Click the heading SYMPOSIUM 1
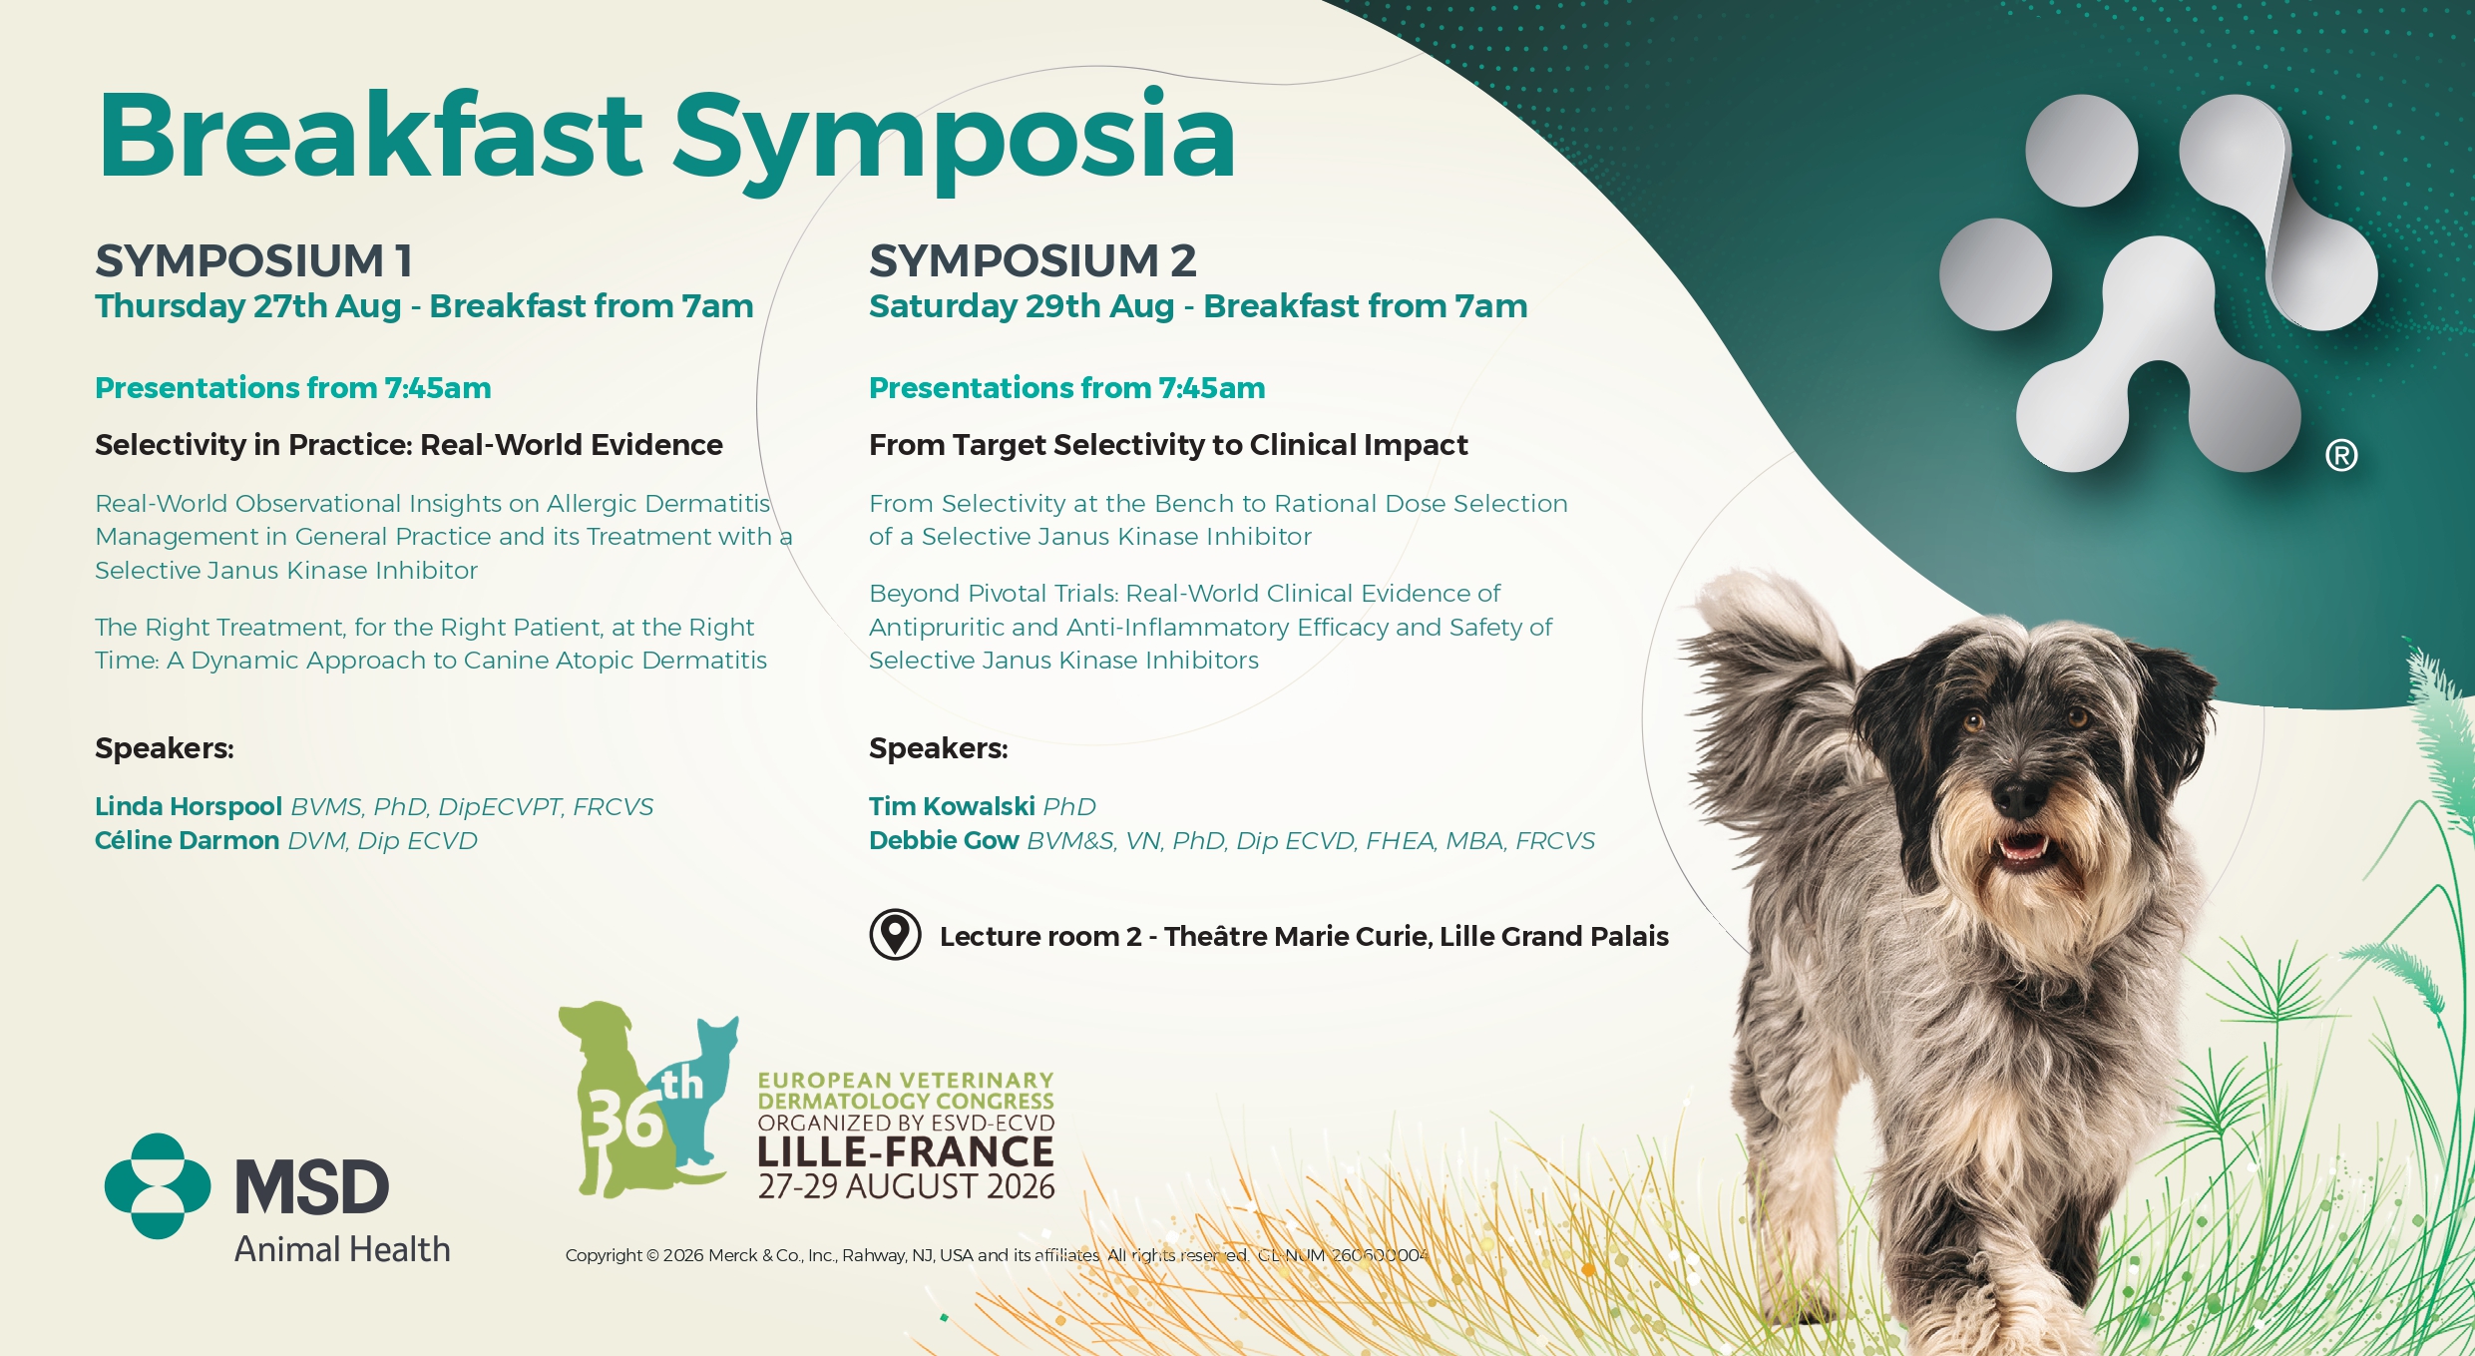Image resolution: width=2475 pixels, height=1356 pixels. tap(254, 261)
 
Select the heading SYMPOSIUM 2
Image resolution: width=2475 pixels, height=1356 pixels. tap(1032, 261)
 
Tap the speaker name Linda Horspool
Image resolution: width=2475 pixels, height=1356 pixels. tap(189, 806)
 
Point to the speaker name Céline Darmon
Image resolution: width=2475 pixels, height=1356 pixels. tap(187, 840)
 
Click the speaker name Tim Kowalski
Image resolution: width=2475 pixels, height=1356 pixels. tap(952, 806)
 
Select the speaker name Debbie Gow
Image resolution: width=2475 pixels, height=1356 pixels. tap(944, 840)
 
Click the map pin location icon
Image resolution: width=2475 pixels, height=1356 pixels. tap(895, 935)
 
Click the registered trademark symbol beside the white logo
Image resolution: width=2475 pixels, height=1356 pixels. tap(2341, 456)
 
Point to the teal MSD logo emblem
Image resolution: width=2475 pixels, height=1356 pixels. tap(158, 1186)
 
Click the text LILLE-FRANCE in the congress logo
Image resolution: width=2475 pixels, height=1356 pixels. tap(906, 1151)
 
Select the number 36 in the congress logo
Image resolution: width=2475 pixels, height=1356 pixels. tap(624, 1119)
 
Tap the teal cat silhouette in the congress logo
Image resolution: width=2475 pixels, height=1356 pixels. tap(702, 1098)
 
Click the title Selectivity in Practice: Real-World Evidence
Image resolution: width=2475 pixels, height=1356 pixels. tap(409, 445)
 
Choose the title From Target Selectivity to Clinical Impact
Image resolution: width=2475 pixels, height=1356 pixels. tap(1168, 445)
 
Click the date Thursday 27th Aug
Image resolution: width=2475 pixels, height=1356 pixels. tap(248, 306)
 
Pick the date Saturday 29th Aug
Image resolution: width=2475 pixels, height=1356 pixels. tap(1022, 306)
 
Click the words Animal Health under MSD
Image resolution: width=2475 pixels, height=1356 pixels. tap(342, 1249)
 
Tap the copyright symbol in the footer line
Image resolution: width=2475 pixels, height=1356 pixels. tap(652, 1255)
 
